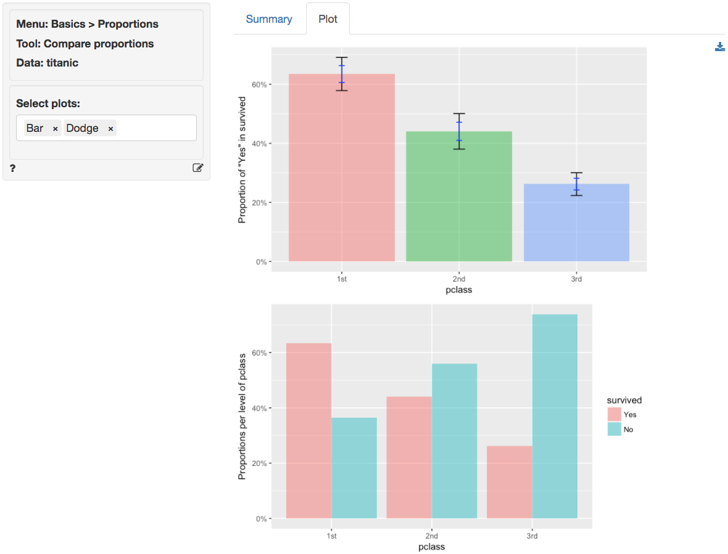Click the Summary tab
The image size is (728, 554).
268,19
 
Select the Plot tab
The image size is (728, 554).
328,19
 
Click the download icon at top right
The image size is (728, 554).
719,47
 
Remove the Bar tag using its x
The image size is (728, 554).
55,129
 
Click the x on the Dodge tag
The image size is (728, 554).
110,129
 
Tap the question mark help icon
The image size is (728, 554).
12,168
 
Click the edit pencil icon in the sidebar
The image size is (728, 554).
197,168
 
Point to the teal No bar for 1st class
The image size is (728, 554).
354,468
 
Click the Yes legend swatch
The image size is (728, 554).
614,415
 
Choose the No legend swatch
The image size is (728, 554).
614,430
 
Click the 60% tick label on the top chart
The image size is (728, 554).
259,84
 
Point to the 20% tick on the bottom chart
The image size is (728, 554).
259,463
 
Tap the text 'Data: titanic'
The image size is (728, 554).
47,63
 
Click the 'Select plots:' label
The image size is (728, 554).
48,103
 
